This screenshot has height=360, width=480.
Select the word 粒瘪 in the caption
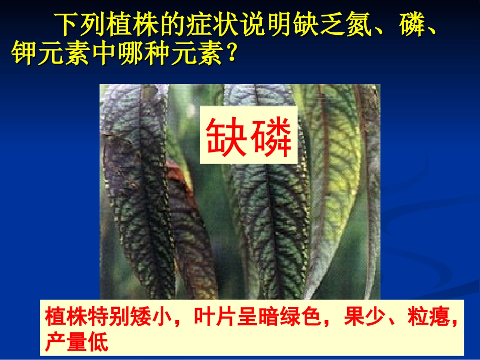pyautogui.click(x=435, y=318)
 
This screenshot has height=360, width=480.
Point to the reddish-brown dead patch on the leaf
pyautogui.click(x=177, y=177)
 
